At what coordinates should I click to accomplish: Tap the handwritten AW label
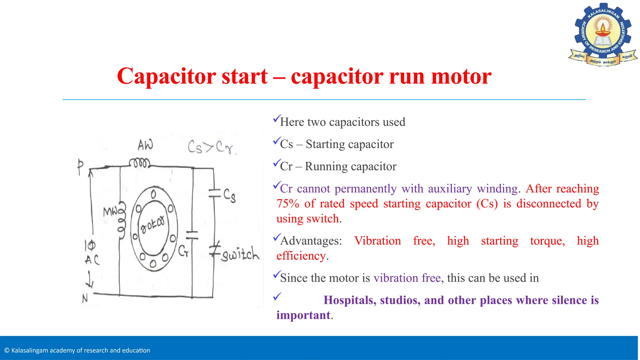(145, 145)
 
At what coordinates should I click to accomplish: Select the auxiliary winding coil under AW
(140, 163)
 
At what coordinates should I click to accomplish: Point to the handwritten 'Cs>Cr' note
(212, 147)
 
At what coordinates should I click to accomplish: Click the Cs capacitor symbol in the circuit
(215, 193)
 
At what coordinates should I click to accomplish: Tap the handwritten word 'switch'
(240, 254)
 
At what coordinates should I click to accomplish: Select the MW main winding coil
(122, 220)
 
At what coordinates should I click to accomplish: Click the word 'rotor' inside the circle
(152, 224)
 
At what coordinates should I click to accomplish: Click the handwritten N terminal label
(85, 299)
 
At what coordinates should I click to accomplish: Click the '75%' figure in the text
(288, 204)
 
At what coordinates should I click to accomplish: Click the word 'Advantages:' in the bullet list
(311, 241)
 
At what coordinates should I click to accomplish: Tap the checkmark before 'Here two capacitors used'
(277, 118)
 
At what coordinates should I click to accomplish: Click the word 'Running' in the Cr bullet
(326, 167)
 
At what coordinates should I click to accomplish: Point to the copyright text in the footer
(77, 350)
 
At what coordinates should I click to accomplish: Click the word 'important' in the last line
(303, 315)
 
